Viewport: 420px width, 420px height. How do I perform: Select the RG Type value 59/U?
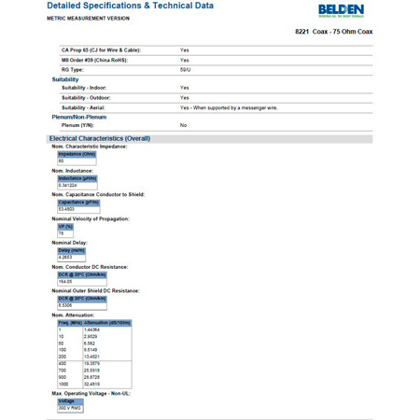185,69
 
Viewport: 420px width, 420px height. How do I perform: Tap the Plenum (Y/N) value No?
184,124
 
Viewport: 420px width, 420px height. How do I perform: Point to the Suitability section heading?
65,79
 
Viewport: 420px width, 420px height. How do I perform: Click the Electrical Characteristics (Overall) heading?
100,138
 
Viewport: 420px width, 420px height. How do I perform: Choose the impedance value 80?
62,161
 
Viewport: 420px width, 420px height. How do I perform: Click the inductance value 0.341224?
68,185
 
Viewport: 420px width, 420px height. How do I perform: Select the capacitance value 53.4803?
67,209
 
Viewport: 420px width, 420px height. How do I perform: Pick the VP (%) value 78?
62,233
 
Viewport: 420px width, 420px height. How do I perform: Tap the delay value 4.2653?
65,257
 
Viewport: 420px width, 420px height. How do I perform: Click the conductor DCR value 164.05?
65,281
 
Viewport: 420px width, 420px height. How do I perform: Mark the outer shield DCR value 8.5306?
65,305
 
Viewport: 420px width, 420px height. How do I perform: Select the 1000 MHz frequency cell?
65,383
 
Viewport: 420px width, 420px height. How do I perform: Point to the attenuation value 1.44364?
92,329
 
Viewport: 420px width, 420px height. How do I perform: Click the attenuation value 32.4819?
92,383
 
